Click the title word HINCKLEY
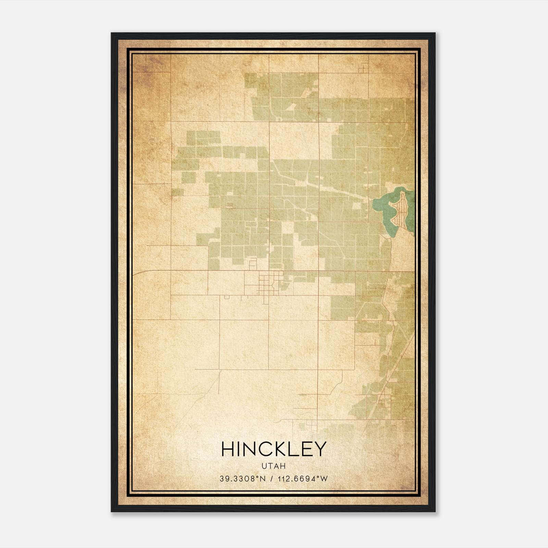(274, 449)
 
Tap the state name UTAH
(274, 466)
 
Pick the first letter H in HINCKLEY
(228, 449)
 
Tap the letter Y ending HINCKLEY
(319, 449)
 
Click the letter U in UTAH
(264, 466)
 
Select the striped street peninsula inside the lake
(403, 211)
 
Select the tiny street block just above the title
(312, 425)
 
